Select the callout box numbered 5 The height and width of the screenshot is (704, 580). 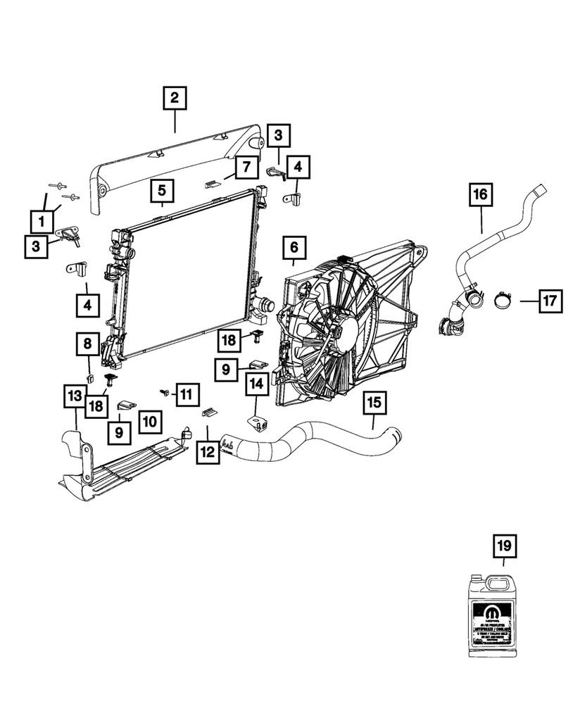[161, 190]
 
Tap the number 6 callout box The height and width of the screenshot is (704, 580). [294, 249]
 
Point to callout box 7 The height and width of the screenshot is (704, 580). [246, 167]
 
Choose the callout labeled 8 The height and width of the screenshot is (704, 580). [87, 344]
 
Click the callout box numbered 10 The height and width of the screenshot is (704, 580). [149, 422]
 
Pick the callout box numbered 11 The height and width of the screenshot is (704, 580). [185, 394]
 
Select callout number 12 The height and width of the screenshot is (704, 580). [207, 451]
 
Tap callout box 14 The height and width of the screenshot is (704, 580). [256, 384]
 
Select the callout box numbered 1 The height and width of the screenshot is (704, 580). [42, 222]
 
